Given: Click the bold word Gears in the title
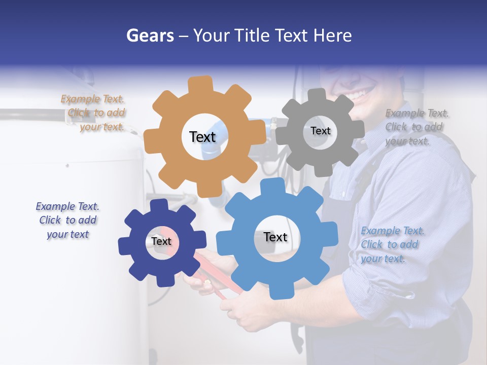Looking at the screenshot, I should [x=150, y=35].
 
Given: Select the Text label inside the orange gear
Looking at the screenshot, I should [x=202, y=137].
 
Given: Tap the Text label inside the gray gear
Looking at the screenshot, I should [x=320, y=131].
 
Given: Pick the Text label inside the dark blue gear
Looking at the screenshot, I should [x=161, y=241].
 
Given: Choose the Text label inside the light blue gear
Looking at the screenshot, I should [x=275, y=237].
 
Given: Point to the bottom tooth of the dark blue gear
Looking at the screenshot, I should [x=162, y=279].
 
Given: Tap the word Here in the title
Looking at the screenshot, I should [x=333, y=35].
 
